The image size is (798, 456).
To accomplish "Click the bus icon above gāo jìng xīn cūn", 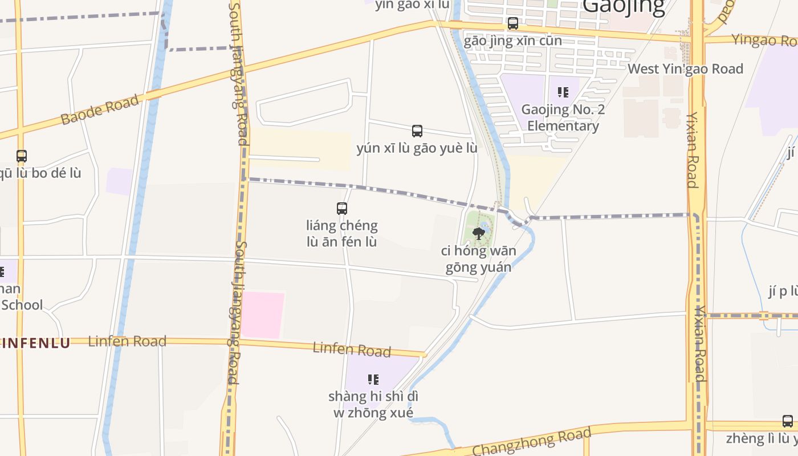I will [x=513, y=23].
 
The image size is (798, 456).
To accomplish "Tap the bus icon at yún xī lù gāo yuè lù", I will [x=417, y=131].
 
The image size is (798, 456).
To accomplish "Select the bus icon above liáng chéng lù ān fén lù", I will [x=342, y=209].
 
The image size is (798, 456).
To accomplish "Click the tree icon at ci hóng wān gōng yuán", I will [x=479, y=233].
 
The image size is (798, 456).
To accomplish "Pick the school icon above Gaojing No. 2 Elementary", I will [x=563, y=92].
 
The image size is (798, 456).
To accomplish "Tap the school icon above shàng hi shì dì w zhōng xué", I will [x=373, y=379].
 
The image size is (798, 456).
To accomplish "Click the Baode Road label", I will [x=100, y=110].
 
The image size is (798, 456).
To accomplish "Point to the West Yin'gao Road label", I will [x=685, y=69].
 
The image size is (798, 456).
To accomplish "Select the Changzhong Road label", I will [x=531, y=442].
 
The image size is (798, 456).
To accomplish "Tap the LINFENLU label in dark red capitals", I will [x=35, y=343].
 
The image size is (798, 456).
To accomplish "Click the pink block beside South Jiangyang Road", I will [x=262, y=315].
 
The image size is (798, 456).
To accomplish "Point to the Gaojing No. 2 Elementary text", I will [x=563, y=117].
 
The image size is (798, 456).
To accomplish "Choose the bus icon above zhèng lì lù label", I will [x=787, y=421].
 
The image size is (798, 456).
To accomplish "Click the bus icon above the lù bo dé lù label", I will [x=22, y=156].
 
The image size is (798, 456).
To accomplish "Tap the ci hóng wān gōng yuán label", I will [x=478, y=259].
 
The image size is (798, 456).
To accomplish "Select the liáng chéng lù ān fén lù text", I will [x=342, y=233].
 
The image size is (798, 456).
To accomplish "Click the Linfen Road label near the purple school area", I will [x=352, y=349].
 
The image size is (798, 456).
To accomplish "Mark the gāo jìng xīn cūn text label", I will [x=512, y=41].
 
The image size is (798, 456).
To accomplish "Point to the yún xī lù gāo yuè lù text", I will [x=417, y=148].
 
